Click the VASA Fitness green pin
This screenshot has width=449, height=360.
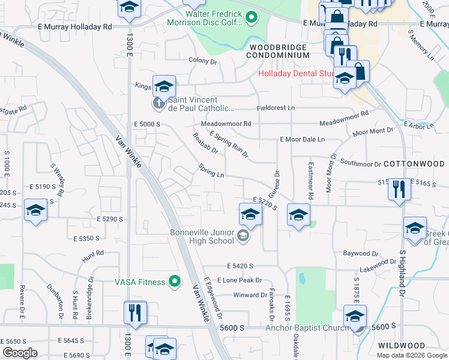pos(175,281)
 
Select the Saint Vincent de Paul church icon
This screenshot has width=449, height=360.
pos(159,104)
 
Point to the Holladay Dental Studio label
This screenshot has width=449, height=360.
pos(296,74)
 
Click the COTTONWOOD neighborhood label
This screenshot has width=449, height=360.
pos(414,163)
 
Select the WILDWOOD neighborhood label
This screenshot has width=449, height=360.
pos(401,346)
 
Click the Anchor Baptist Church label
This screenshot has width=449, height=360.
pos(307,328)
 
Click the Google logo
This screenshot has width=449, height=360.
pos(20,353)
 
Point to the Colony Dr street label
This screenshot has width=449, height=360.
pos(202,61)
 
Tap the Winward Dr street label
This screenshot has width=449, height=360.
pos(250,295)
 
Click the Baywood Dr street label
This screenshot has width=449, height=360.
pos(360,253)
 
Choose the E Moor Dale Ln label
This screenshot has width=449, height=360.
pos(302,139)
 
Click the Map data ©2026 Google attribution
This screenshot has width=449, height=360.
pos(412,355)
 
